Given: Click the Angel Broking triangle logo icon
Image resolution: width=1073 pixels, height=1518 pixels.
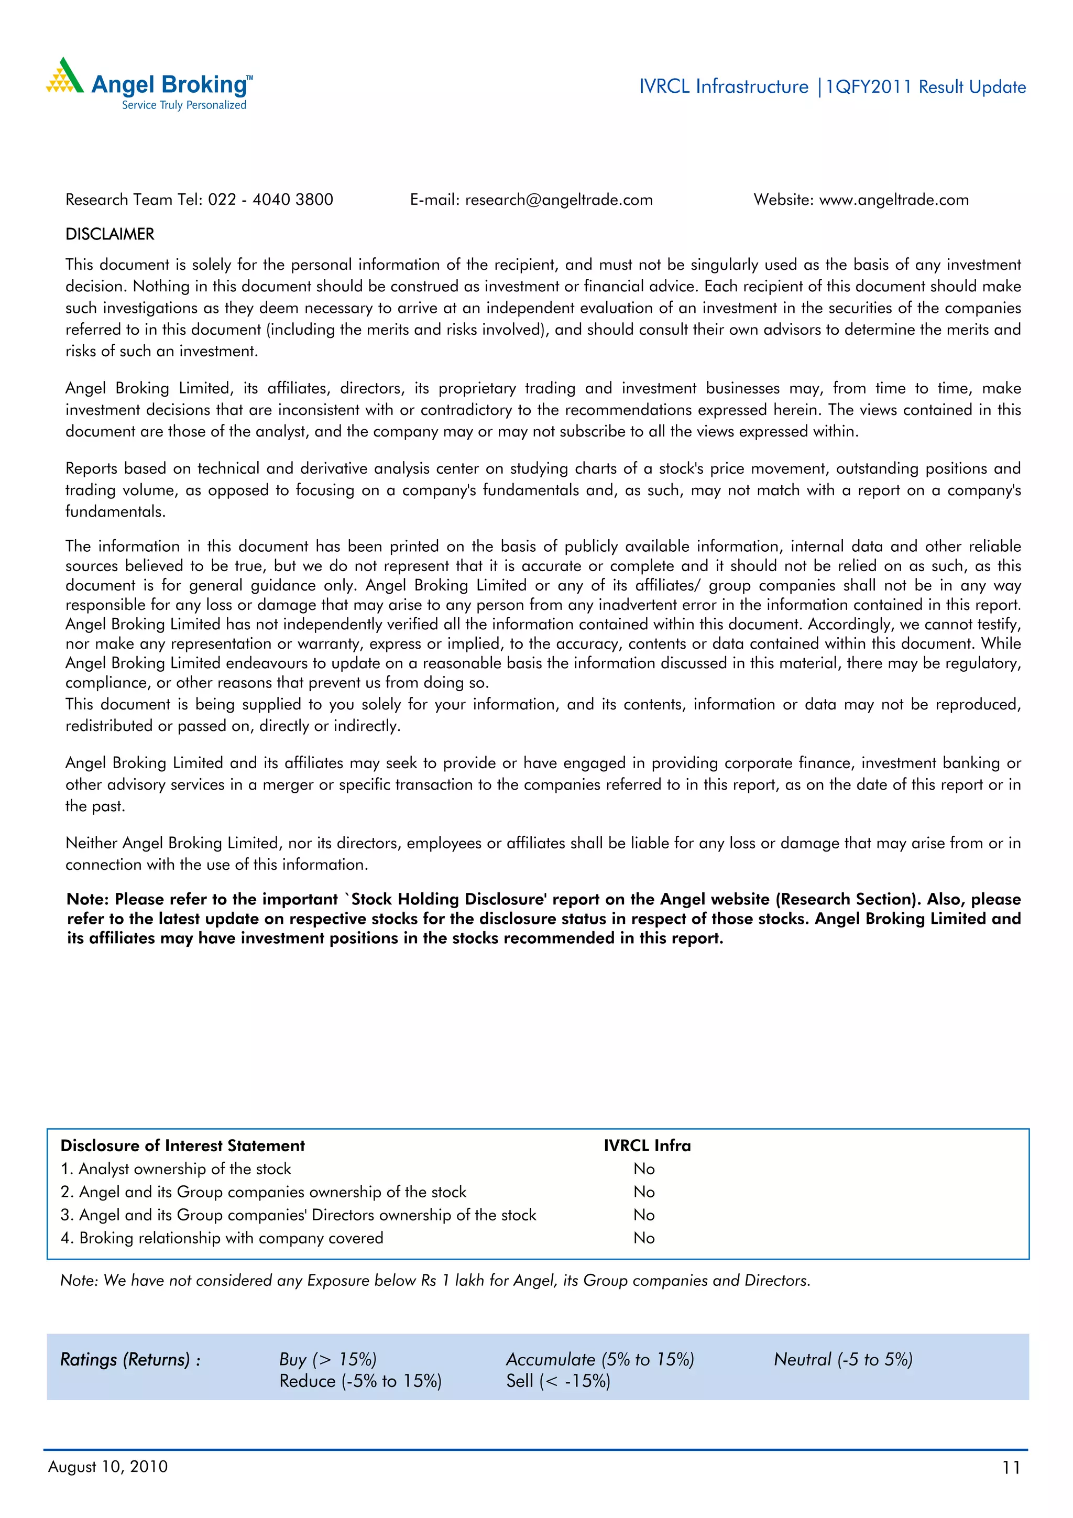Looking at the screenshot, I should coord(65,77).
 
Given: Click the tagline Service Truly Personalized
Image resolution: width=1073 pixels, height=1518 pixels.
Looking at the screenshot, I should coord(184,105).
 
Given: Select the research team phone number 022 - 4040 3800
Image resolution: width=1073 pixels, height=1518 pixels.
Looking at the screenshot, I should coord(270,200).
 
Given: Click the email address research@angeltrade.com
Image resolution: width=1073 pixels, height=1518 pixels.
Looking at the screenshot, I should coord(559,200).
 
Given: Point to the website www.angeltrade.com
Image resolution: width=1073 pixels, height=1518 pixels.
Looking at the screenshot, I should coord(894,200).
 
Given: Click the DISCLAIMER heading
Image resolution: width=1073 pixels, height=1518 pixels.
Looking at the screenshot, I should coord(110,234).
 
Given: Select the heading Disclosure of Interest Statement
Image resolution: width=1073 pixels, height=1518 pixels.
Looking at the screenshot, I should coord(182,1146).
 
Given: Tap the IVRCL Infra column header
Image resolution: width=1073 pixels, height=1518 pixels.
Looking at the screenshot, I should coord(647,1146).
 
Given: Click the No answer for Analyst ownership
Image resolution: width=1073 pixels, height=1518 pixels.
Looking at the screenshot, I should coord(643,1169).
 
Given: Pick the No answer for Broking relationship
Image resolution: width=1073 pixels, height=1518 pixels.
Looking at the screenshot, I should coord(643,1238).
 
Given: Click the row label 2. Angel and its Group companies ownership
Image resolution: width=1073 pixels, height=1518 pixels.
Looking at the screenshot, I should coord(263,1192).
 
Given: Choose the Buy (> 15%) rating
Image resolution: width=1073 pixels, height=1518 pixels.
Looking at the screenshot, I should coord(327,1359).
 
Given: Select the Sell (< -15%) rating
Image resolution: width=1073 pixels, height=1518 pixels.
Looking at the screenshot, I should coord(558,1381).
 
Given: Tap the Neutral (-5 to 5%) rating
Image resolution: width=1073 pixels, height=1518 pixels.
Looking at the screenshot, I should coord(843,1359).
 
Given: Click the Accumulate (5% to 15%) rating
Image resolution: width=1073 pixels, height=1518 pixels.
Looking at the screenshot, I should coord(600,1359).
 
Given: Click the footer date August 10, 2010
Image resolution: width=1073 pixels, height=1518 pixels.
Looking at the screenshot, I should coord(108,1467).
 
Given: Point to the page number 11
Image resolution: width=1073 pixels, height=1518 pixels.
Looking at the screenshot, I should coord(1011,1468).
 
